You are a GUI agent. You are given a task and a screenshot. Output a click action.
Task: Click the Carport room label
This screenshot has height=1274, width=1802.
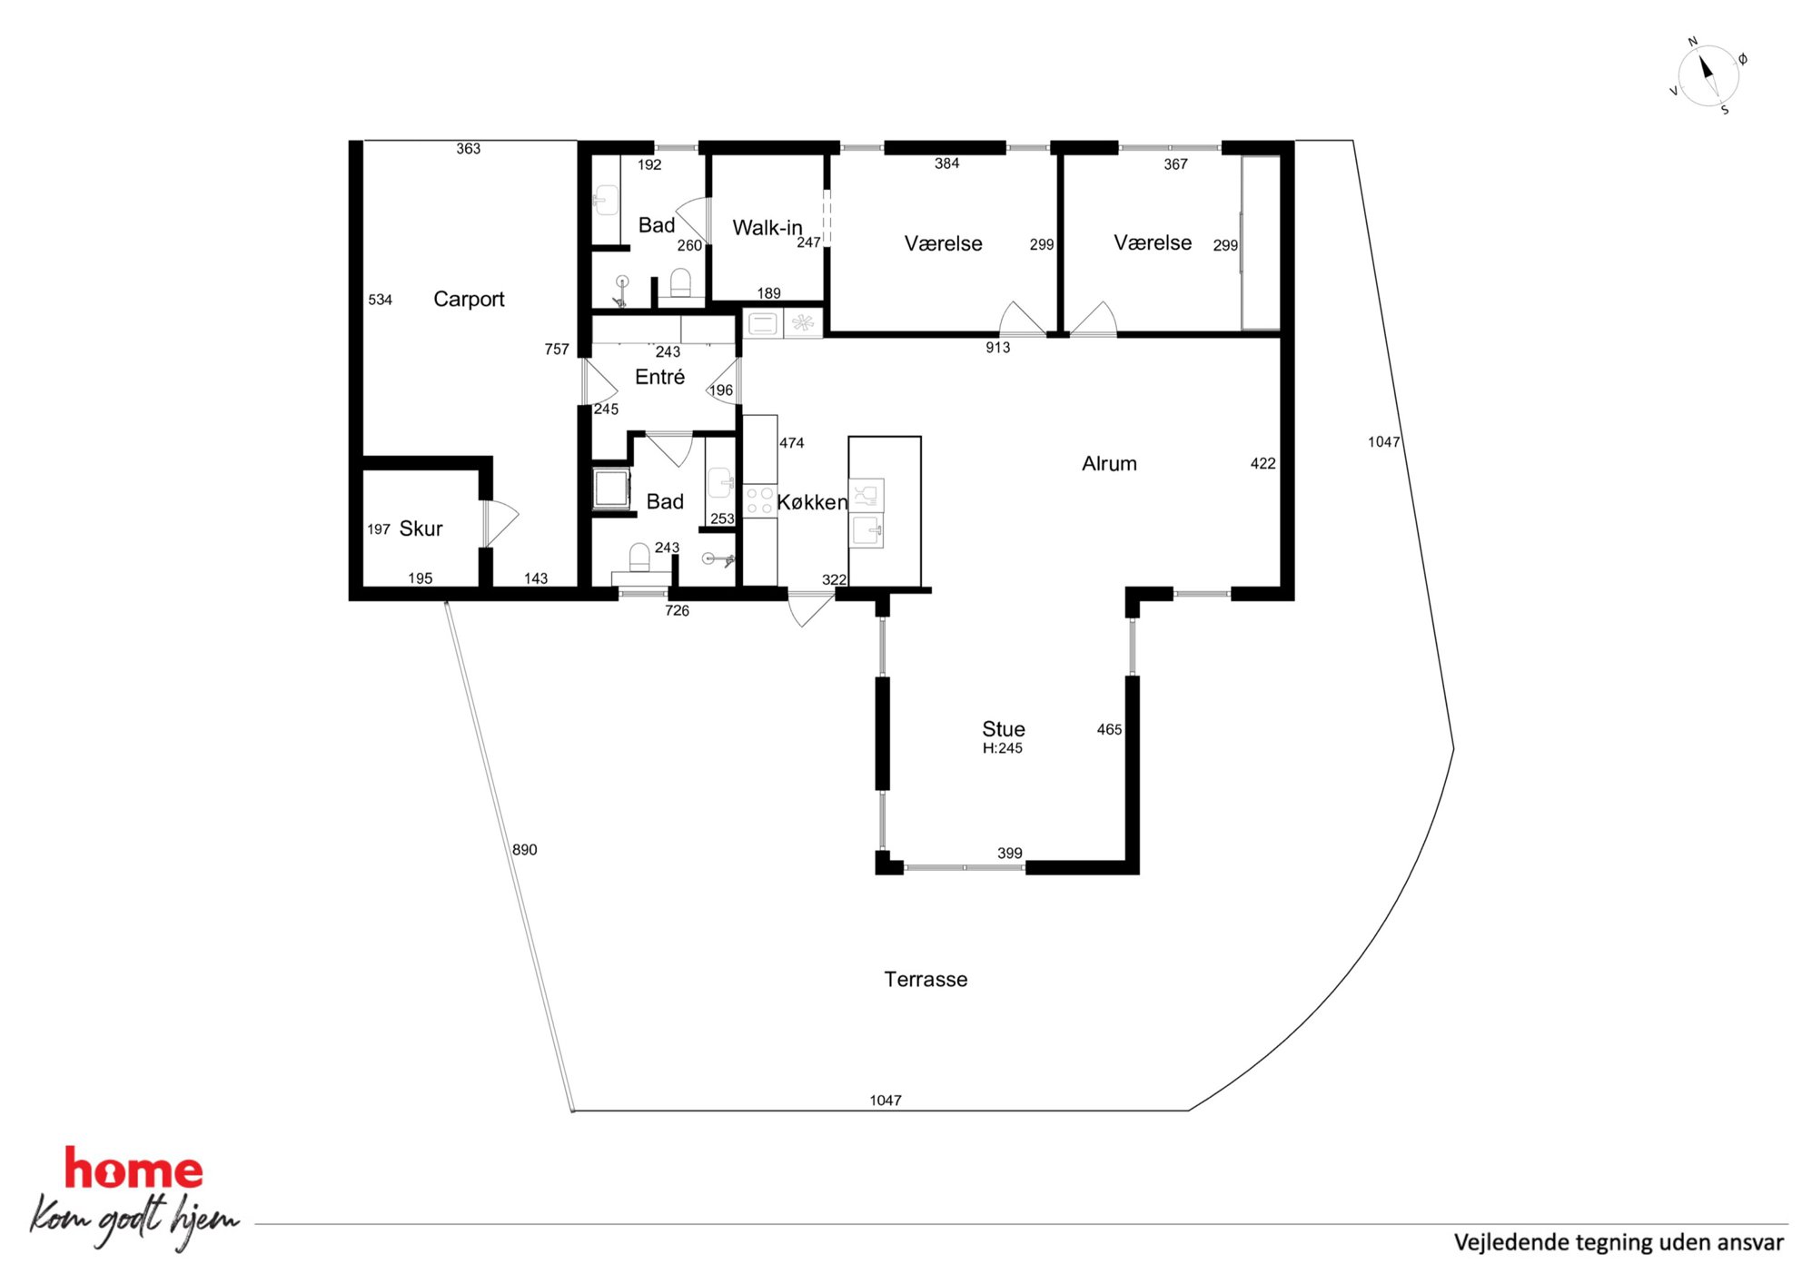pyautogui.click(x=469, y=300)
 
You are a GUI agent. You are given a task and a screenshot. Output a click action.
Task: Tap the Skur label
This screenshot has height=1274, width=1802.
pyautogui.click(x=421, y=528)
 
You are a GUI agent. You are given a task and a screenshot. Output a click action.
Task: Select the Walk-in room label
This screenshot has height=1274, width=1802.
pyautogui.click(x=767, y=228)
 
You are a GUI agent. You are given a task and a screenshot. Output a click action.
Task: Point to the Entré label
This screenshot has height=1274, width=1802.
pyautogui.click(x=659, y=377)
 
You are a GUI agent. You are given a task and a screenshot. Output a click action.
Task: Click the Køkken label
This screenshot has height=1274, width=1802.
pyautogui.click(x=812, y=502)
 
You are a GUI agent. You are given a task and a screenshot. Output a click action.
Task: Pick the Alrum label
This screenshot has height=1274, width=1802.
pyautogui.click(x=1109, y=464)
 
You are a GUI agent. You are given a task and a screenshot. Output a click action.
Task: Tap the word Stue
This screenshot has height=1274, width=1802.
pyautogui.click(x=1004, y=729)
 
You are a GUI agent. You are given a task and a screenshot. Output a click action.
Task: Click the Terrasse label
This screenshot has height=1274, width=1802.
pyautogui.click(x=926, y=979)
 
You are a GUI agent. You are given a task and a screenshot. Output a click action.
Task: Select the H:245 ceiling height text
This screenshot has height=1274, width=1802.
pyautogui.click(x=1003, y=748)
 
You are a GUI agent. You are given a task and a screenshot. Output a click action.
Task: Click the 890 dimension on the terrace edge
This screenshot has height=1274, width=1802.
pyautogui.click(x=525, y=850)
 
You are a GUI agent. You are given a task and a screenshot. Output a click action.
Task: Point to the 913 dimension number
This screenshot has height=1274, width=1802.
pyautogui.click(x=998, y=348)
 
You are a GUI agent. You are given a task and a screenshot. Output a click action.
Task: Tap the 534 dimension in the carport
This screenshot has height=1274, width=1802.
pyautogui.click(x=381, y=300)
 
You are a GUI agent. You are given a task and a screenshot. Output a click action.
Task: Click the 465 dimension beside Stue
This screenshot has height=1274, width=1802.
pyautogui.click(x=1109, y=729)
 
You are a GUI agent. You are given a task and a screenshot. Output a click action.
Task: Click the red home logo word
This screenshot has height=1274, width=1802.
pyautogui.click(x=134, y=1170)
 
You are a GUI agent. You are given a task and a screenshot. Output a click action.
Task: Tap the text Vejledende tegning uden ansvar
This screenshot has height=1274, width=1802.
pyautogui.click(x=1619, y=1242)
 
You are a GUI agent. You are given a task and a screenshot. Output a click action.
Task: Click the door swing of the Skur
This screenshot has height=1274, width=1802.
pyautogui.click(x=500, y=524)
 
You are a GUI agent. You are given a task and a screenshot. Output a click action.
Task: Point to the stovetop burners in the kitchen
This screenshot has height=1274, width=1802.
pyautogui.click(x=759, y=501)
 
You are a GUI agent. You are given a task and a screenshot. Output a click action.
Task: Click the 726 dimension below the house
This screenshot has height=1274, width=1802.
pyautogui.click(x=677, y=611)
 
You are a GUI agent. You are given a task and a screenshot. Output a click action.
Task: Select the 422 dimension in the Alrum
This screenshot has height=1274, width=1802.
pyautogui.click(x=1262, y=464)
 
